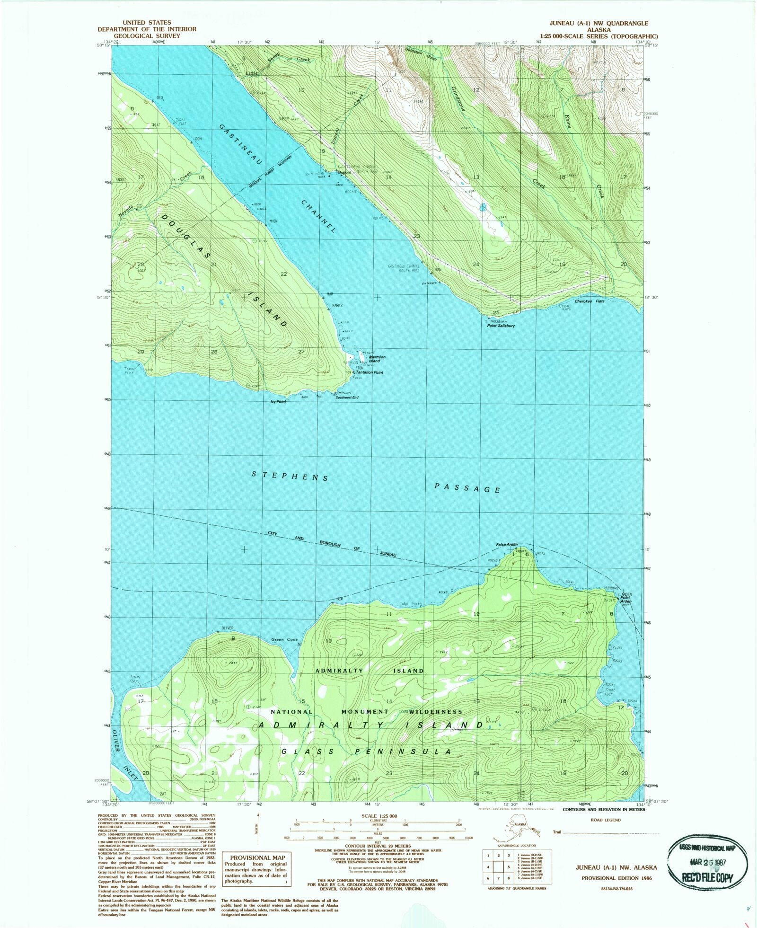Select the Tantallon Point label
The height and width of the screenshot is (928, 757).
[x=369, y=372]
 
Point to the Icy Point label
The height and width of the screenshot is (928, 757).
[x=278, y=402]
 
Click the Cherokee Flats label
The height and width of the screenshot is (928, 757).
[x=590, y=301]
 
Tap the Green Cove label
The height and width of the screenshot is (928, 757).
[x=284, y=639]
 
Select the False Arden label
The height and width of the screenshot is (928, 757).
[x=507, y=545]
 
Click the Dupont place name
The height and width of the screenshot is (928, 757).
[x=344, y=173]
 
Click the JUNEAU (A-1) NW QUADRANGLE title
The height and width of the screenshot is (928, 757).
[x=599, y=23]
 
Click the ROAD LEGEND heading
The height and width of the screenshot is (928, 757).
[x=606, y=820]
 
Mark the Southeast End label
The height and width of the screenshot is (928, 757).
[x=347, y=398]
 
